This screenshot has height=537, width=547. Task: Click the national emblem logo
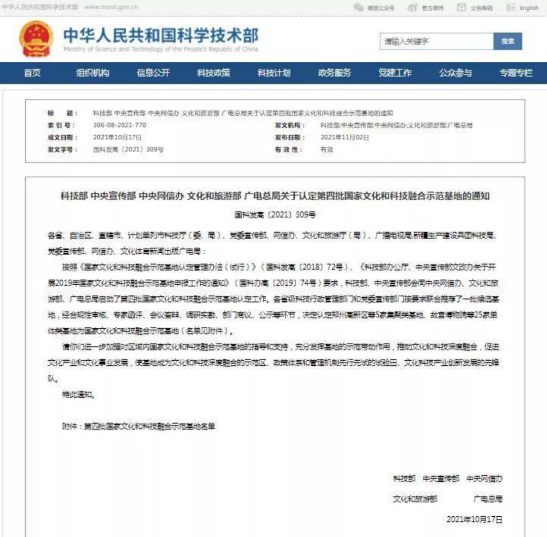35,39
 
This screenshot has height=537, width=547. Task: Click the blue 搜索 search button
507,42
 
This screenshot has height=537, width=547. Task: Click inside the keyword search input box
436,42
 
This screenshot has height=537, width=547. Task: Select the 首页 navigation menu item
32,73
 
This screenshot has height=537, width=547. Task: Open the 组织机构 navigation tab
93,73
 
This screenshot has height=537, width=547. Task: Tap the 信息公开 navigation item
153,73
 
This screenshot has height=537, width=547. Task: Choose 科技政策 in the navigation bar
213,73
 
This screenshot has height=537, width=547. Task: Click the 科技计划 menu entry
273,73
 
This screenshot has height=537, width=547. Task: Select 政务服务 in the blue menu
334,73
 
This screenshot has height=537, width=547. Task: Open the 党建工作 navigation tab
395,73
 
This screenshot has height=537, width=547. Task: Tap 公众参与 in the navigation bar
455,73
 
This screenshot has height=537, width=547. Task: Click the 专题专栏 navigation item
516,73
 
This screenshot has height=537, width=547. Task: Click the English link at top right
529,8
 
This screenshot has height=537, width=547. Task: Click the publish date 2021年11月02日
344,137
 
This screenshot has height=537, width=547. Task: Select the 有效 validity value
327,149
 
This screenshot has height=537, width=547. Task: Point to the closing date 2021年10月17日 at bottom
474,519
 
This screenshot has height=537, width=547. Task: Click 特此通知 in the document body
78,395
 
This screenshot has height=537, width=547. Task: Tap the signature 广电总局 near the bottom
488,499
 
